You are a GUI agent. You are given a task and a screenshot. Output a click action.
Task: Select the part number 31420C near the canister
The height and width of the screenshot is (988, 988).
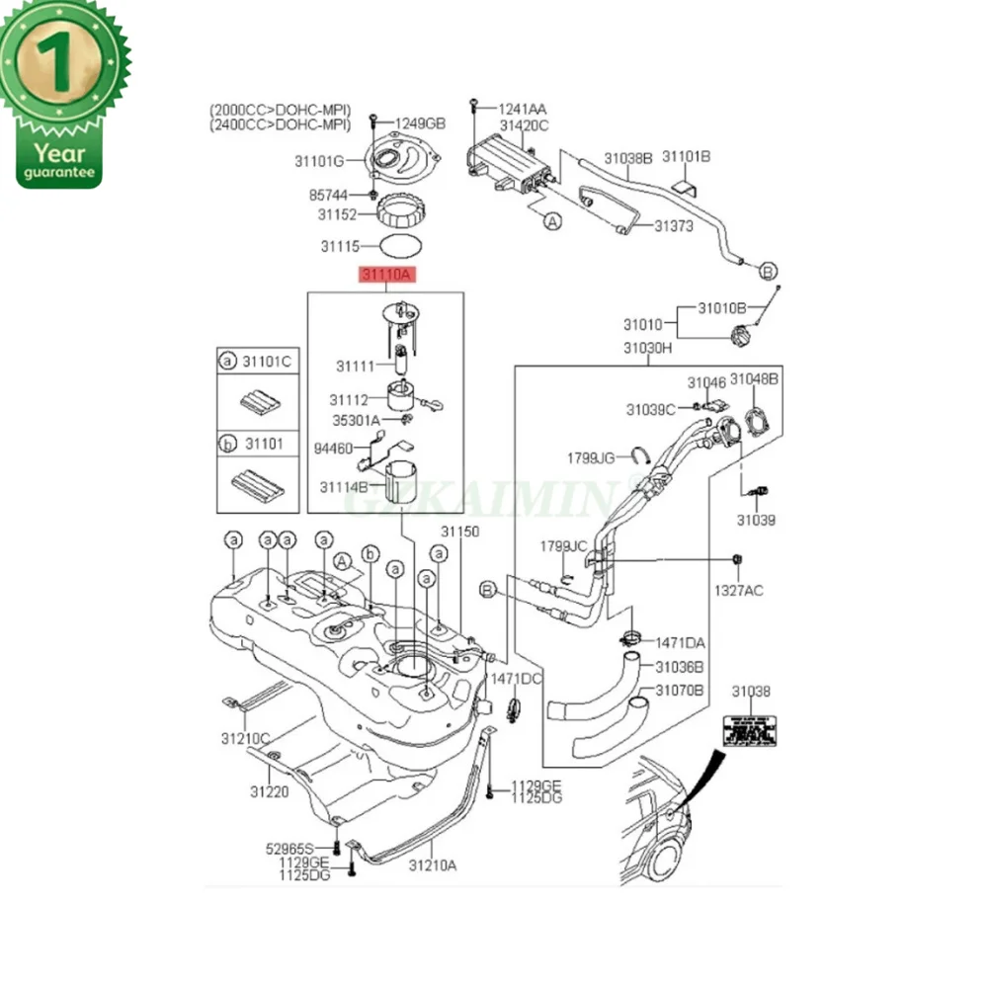click(524, 125)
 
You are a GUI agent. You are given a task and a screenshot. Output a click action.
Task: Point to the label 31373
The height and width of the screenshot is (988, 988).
click(674, 226)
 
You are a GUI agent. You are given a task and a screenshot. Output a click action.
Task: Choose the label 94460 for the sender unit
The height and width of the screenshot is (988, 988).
click(334, 448)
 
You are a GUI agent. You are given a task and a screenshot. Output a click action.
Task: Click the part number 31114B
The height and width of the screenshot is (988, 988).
click(344, 486)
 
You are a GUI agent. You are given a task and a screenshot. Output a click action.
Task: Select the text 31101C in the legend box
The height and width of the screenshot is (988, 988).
click(266, 362)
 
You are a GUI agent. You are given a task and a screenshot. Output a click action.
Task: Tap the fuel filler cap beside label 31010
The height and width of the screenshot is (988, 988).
click(742, 337)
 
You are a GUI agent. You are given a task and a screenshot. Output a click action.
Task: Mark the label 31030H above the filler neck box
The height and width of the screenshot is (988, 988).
click(647, 348)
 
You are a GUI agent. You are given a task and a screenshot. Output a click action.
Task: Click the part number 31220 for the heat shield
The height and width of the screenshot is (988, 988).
click(269, 791)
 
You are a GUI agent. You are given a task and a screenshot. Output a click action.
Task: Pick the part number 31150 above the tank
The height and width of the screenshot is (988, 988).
click(459, 533)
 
